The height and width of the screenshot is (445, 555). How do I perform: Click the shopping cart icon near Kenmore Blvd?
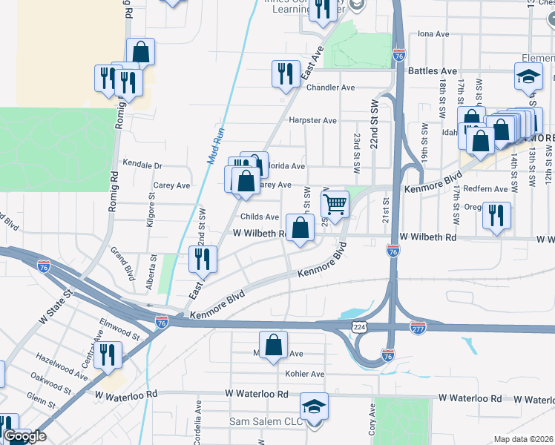pos(335,203)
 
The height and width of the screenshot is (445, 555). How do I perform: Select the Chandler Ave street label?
pos(331,88)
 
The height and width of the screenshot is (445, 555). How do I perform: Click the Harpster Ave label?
pos(313,120)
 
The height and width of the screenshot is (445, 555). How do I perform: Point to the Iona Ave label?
pos(434,34)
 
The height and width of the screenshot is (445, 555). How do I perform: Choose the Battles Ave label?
pos(430,71)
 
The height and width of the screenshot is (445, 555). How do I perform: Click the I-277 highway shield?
pos(418,326)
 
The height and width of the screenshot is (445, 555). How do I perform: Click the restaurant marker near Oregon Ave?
pos(496,215)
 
